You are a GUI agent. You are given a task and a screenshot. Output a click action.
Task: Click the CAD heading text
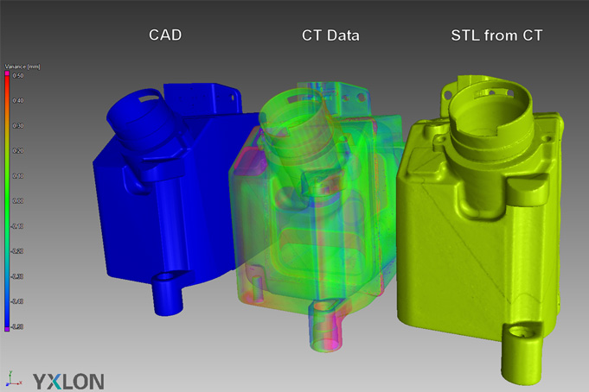coord(166,35)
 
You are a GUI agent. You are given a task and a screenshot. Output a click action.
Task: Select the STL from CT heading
coord(496,35)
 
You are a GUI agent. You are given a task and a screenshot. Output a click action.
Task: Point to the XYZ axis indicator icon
coord(12,377)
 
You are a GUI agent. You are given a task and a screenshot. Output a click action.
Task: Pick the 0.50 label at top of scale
coord(17,76)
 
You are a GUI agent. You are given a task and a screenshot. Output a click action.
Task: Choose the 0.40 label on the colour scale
coord(17,101)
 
